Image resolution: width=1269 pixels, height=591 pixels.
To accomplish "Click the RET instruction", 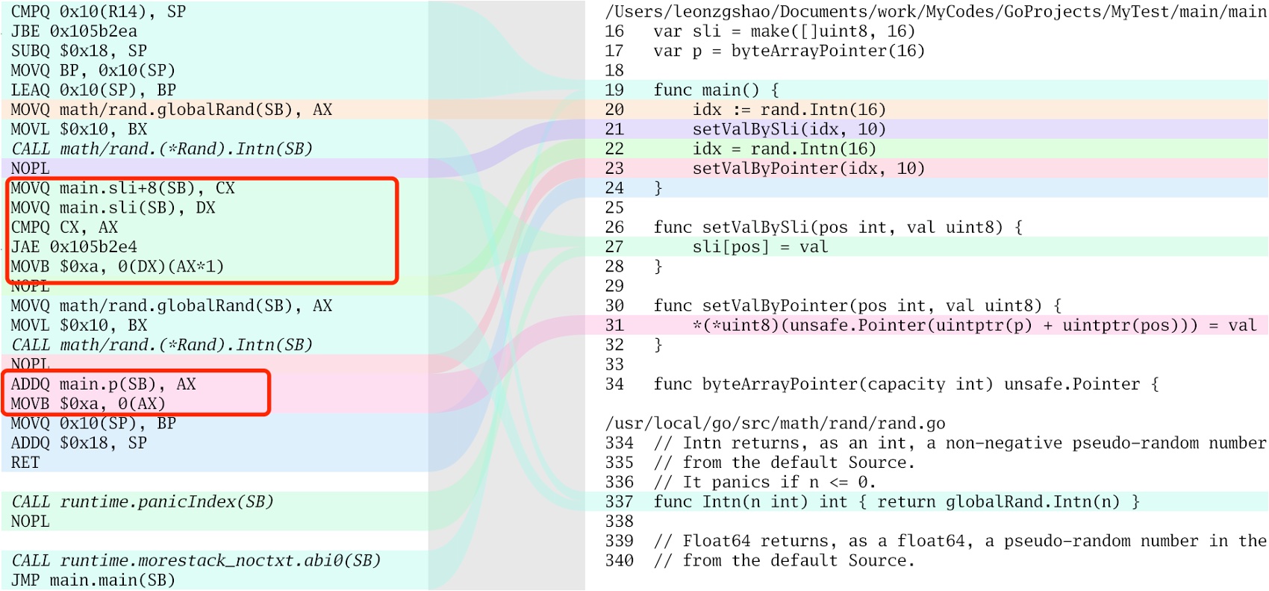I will [25, 463].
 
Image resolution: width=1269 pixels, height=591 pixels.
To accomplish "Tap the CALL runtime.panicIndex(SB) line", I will [143, 502].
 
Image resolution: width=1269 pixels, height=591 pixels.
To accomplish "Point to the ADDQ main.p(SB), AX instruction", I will [103, 384].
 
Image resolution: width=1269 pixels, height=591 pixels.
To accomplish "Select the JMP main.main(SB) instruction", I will [93, 580].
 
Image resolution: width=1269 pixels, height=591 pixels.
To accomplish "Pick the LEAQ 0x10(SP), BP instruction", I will [93, 90].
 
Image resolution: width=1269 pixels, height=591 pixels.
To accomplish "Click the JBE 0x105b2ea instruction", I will [74, 31].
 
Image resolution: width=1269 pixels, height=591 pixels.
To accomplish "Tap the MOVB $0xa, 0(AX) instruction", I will [88, 404].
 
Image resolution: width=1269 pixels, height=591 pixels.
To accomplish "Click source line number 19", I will [614, 90].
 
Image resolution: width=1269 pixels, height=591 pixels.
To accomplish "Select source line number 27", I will [614, 247].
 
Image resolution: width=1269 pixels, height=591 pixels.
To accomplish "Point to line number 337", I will [619, 502].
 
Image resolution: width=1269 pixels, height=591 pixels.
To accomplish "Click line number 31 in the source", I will [614, 325].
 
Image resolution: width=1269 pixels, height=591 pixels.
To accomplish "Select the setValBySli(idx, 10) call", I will [789, 129].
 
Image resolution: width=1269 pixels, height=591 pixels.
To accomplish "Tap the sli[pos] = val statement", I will [760, 247].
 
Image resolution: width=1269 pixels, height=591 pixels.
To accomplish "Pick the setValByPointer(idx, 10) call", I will [808, 169].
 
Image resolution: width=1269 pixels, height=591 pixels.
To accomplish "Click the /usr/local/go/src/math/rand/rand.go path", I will [775, 424].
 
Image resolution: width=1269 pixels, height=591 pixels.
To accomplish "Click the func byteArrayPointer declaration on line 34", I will [906, 384].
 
